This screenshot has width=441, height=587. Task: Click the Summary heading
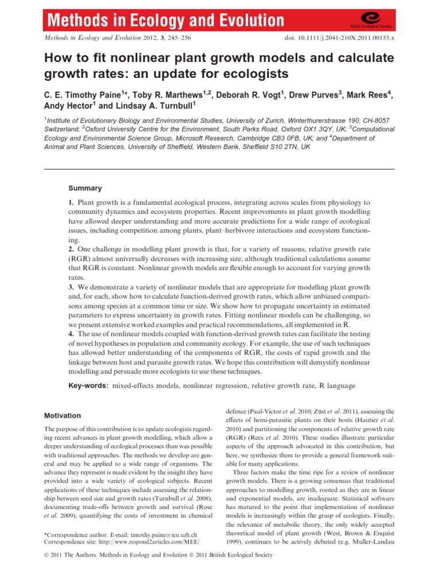pyautogui.click(x=85, y=188)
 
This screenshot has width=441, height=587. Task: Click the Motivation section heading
pyautogui.click(x=63, y=416)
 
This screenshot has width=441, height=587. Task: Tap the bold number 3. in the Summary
pyautogui.click(x=72, y=286)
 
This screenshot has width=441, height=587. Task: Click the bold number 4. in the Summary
pyautogui.click(x=72, y=334)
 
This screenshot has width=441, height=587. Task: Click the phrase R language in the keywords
pyautogui.click(x=337, y=386)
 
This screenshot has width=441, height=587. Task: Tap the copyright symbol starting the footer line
pyautogui.click(x=47, y=555)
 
